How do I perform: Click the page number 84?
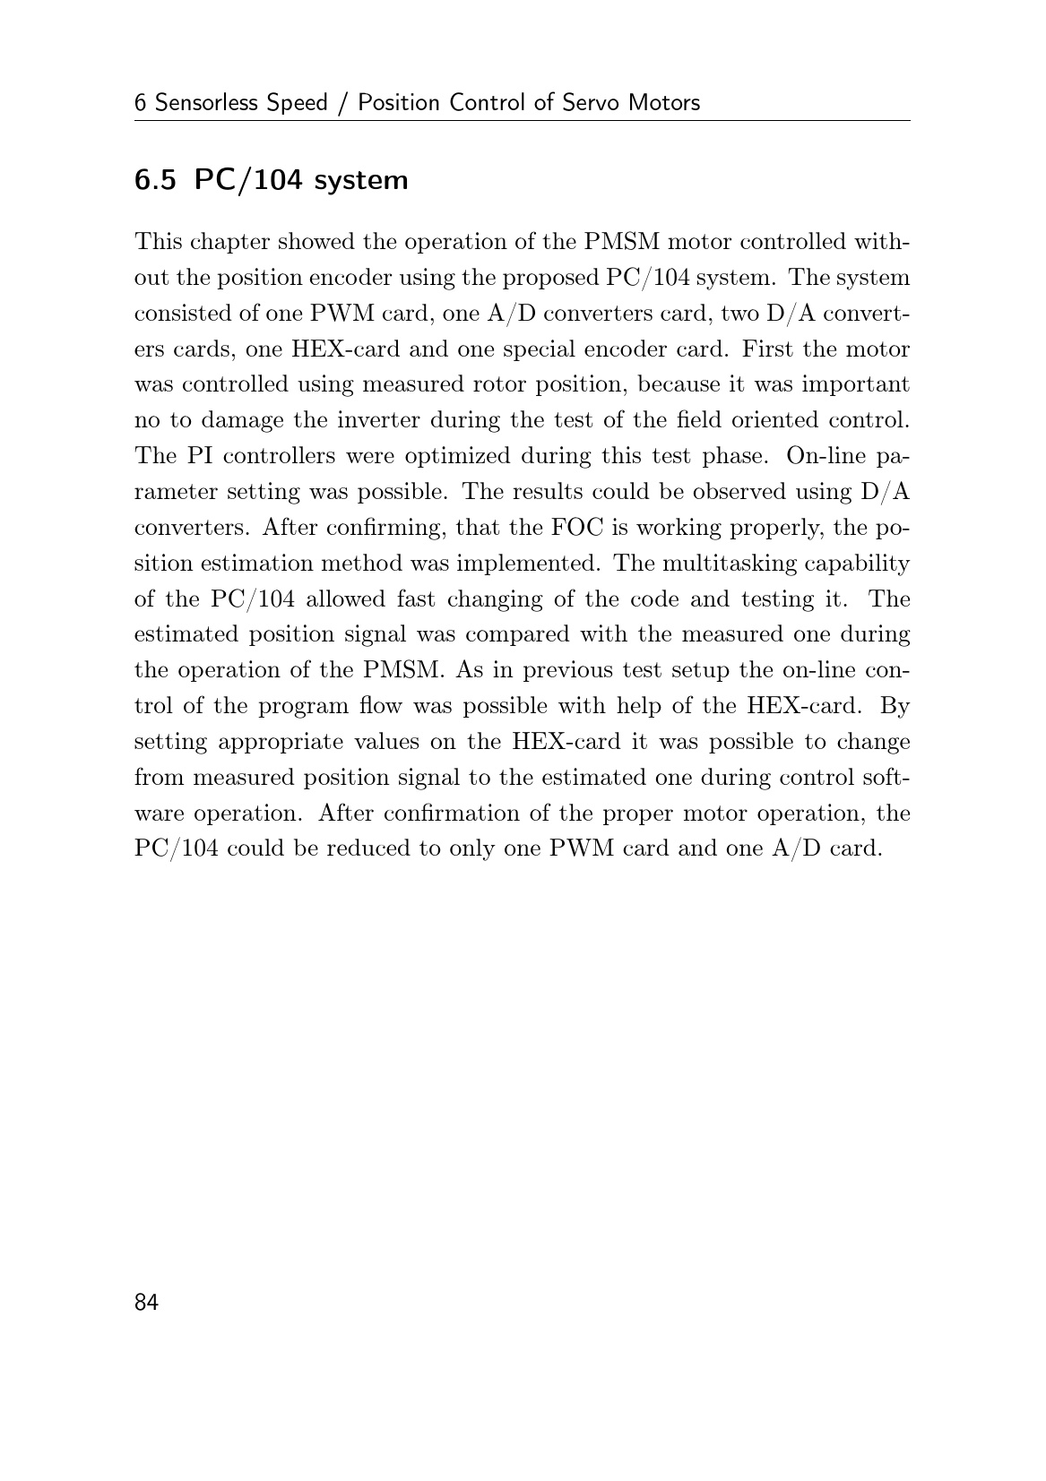pyautogui.click(x=146, y=1303)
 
